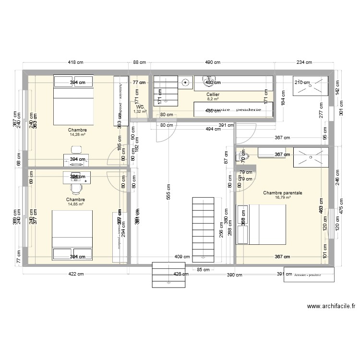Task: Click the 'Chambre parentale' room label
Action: [x=282, y=192]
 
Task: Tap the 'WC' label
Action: [x=140, y=107]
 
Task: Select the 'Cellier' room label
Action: [x=213, y=95]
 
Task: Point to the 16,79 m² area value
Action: [x=282, y=197]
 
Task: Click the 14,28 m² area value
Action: [x=77, y=135]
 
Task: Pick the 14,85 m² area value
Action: [x=76, y=204]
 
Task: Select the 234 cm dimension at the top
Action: [x=303, y=62]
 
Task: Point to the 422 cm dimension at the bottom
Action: [x=76, y=275]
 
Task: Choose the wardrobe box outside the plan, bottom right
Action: [x=305, y=276]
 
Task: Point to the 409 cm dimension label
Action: [x=180, y=256]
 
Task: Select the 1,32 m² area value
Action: [x=140, y=111]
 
